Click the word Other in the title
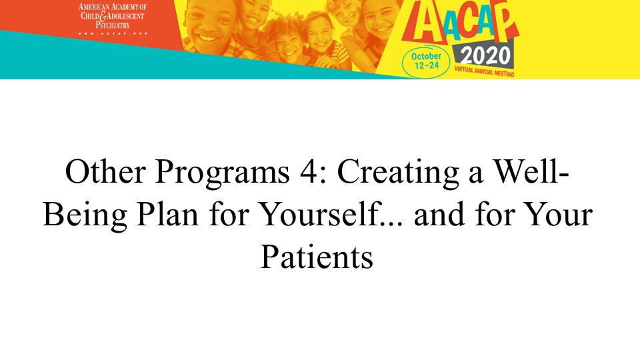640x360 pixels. [105, 171]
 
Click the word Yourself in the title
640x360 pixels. [319, 214]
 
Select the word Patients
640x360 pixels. [317, 257]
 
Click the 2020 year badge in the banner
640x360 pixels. [485, 56]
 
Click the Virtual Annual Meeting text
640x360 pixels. [484, 71]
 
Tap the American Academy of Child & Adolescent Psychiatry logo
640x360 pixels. [112, 18]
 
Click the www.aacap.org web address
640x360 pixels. [112, 33]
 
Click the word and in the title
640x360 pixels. [439, 214]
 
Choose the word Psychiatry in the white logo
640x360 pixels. [113, 25]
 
